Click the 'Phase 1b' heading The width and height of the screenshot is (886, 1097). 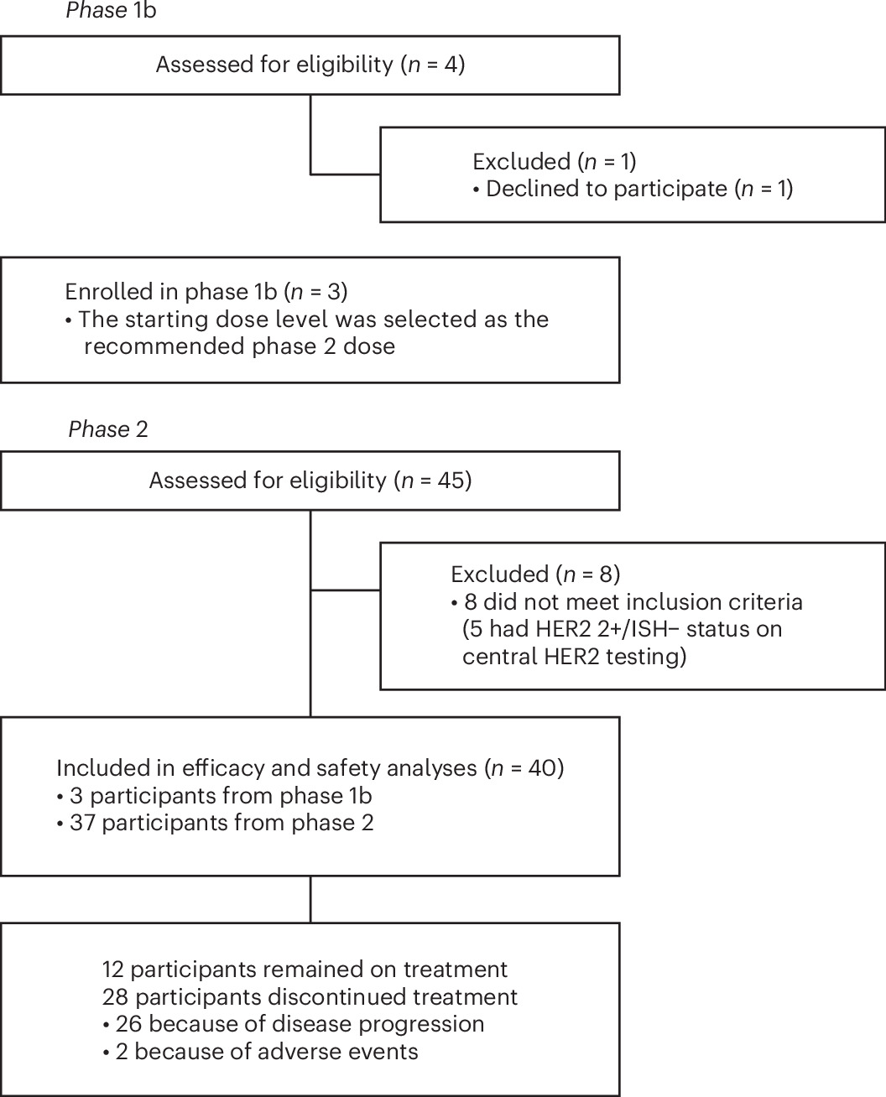pos(111,10)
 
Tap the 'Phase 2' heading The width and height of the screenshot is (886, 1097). pos(108,429)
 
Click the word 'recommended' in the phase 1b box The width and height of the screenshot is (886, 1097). pos(164,346)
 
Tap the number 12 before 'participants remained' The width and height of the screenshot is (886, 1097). pos(113,970)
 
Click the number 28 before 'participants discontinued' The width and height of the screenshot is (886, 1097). pos(115,997)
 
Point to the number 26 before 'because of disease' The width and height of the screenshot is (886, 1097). pos(128,1024)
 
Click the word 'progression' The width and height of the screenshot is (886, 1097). pos(421,1025)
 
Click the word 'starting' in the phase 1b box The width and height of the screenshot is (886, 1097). pos(166,320)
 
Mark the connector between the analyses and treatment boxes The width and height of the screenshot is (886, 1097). pos(310,899)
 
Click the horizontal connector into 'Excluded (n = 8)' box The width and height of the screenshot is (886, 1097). pos(346,590)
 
